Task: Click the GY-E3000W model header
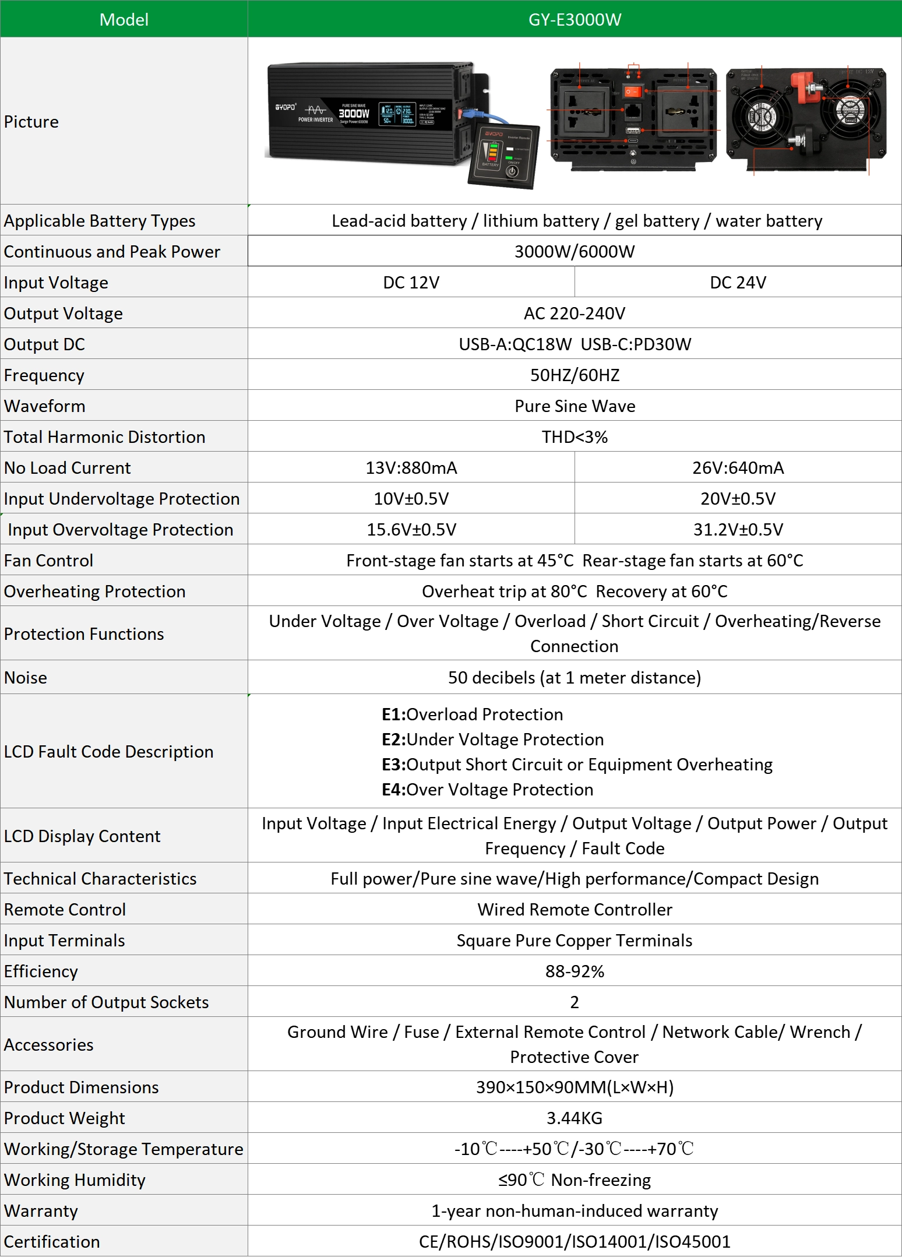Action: [575, 19]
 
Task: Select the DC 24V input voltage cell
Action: [738, 282]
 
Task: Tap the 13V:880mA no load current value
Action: [411, 467]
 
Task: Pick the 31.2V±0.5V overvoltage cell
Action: [738, 529]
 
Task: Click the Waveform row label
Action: [45, 406]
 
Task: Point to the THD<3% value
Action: [575, 436]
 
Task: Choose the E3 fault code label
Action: [393, 764]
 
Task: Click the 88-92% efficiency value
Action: [575, 971]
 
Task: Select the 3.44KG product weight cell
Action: [575, 1118]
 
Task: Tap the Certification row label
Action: [52, 1241]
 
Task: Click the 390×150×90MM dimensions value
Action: [575, 1087]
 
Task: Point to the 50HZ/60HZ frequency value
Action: [575, 375]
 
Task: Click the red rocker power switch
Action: [632, 92]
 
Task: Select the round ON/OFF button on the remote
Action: [512, 171]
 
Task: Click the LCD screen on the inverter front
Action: [397, 114]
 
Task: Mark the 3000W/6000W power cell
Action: [575, 251]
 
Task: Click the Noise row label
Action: [26, 677]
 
